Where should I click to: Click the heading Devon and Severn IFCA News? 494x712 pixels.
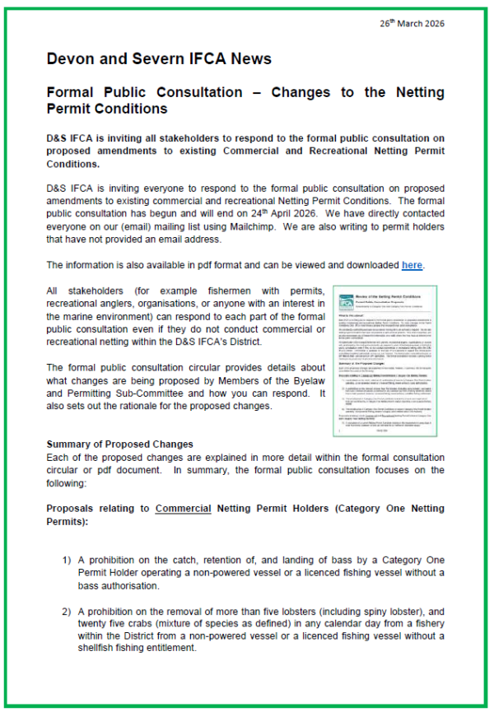coord(159,59)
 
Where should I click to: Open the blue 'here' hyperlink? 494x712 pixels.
coord(412,265)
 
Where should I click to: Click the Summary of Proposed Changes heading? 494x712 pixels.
coord(119,444)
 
